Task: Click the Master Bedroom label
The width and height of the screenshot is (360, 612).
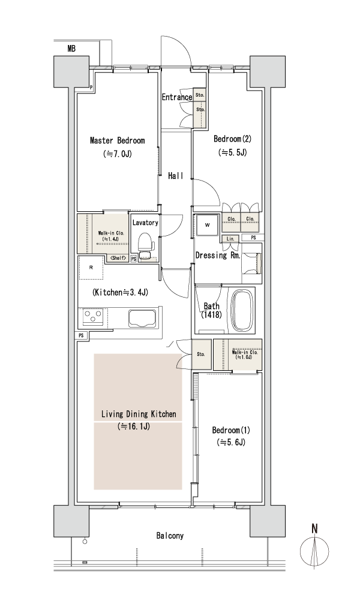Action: coord(117,140)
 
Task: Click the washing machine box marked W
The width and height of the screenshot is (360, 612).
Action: coord(208,225)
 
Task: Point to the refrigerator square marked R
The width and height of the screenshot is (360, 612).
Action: coord(91,268)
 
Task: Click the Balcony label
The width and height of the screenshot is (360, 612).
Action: coord(170,535)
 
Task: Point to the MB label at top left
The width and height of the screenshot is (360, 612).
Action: coord(71,49)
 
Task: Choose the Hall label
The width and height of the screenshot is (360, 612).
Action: coord(176,176)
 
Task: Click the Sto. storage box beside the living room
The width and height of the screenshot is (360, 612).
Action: coord(200,355)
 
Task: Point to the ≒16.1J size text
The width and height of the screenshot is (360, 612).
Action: coord(134,427)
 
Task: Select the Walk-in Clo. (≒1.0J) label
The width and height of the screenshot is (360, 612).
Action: coord(244,354)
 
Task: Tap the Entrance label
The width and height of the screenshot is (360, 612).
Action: coord(177,97)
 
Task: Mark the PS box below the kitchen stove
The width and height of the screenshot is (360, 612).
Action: coord(81,335)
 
